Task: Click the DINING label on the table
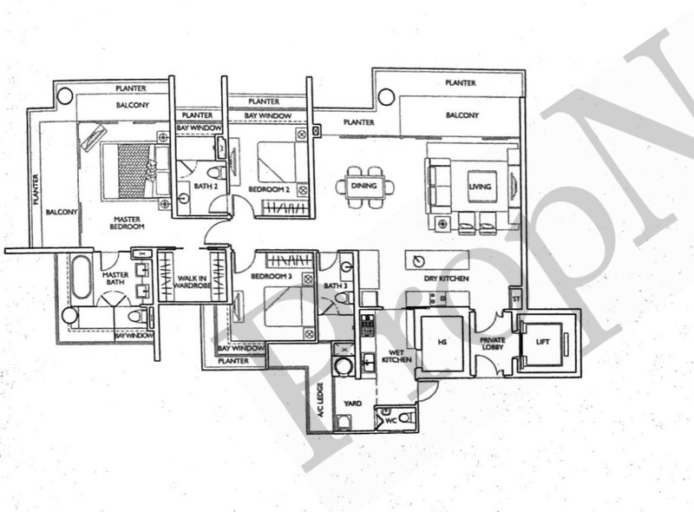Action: [364, 187]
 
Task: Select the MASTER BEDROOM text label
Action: [127, 221]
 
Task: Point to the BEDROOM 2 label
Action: [269, 188]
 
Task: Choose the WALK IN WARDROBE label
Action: [192, 284]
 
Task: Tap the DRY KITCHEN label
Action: [448, 279]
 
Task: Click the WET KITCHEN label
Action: [396, 355]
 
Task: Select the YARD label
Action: [353, 404]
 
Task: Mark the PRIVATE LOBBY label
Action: [493, 345]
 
